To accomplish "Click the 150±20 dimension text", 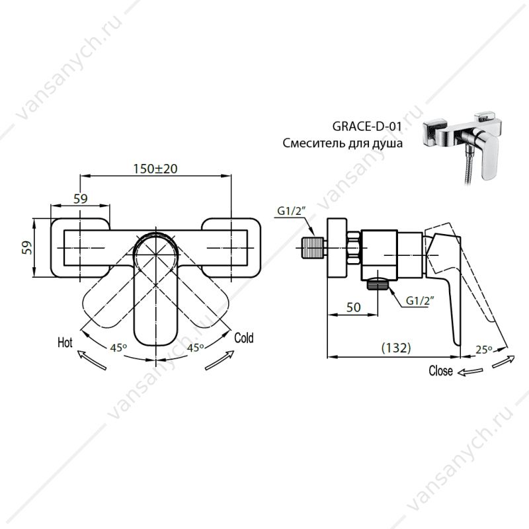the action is point(155,169).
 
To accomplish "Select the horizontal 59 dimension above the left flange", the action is point(80,199).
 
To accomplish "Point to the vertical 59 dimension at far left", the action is point(28,247).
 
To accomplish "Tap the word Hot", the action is point(65,343).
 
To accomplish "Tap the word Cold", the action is point(243,338).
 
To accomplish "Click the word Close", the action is point(440,370).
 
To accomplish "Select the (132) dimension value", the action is point(396,348).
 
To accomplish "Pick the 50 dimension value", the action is point(354,307).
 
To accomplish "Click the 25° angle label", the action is point(483,350).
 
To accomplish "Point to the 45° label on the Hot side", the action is point(118,348).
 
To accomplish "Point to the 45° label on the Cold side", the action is point(195,348).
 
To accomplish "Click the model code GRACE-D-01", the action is point(367,126).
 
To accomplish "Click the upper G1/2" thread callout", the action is point(291,211).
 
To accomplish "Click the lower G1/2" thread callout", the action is point(420,300).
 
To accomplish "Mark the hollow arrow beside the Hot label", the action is point(92,360).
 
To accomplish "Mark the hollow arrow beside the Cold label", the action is point(220,360).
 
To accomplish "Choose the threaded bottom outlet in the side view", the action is point(378,284).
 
